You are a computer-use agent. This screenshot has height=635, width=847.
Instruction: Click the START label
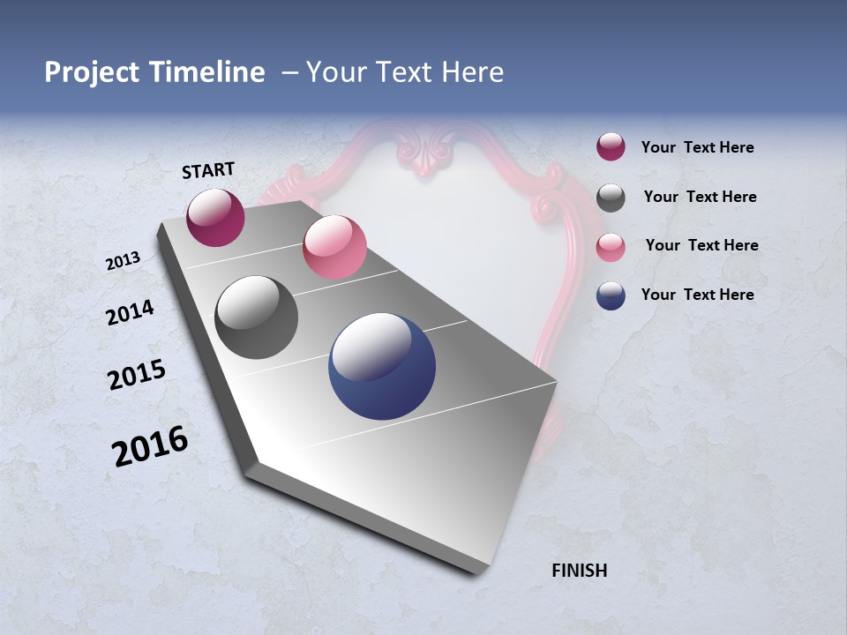click(x=208, y=170)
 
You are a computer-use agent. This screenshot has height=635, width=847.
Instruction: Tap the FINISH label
click(x=579, y=571)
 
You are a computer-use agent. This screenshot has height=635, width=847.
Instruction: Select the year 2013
click(x=123, y=261)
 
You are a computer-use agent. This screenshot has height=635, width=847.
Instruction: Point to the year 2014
click(x=130, y=313)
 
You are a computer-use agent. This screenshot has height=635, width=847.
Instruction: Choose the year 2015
click(x=136, y=376)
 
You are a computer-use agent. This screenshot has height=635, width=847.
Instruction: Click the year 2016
click(x=150, y=446)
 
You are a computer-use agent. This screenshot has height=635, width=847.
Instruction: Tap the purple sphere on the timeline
click(x=215, y=217)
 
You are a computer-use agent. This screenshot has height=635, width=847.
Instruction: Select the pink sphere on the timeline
click(x=334, y=247)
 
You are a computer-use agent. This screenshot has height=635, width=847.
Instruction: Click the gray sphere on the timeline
click(x=256, y=317)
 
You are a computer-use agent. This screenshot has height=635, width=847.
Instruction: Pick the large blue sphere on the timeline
click(x=382, y=366)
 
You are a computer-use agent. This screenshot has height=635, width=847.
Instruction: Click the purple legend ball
click(x=611, y=146)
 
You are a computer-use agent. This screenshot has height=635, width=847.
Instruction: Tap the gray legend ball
click(x=611, y=198)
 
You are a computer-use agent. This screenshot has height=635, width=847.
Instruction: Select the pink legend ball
click(x=611, y=246)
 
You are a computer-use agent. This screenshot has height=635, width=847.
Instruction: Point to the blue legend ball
click(x=611, y=295)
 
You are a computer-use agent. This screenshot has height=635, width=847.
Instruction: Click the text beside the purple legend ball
click(x=697, y=148)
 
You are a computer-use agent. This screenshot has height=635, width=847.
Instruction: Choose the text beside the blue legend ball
click(x=697, y=295)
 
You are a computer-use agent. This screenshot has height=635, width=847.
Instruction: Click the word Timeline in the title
click(x=207, y=72)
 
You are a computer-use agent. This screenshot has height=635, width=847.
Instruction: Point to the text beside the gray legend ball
click(x=700, y=197)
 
